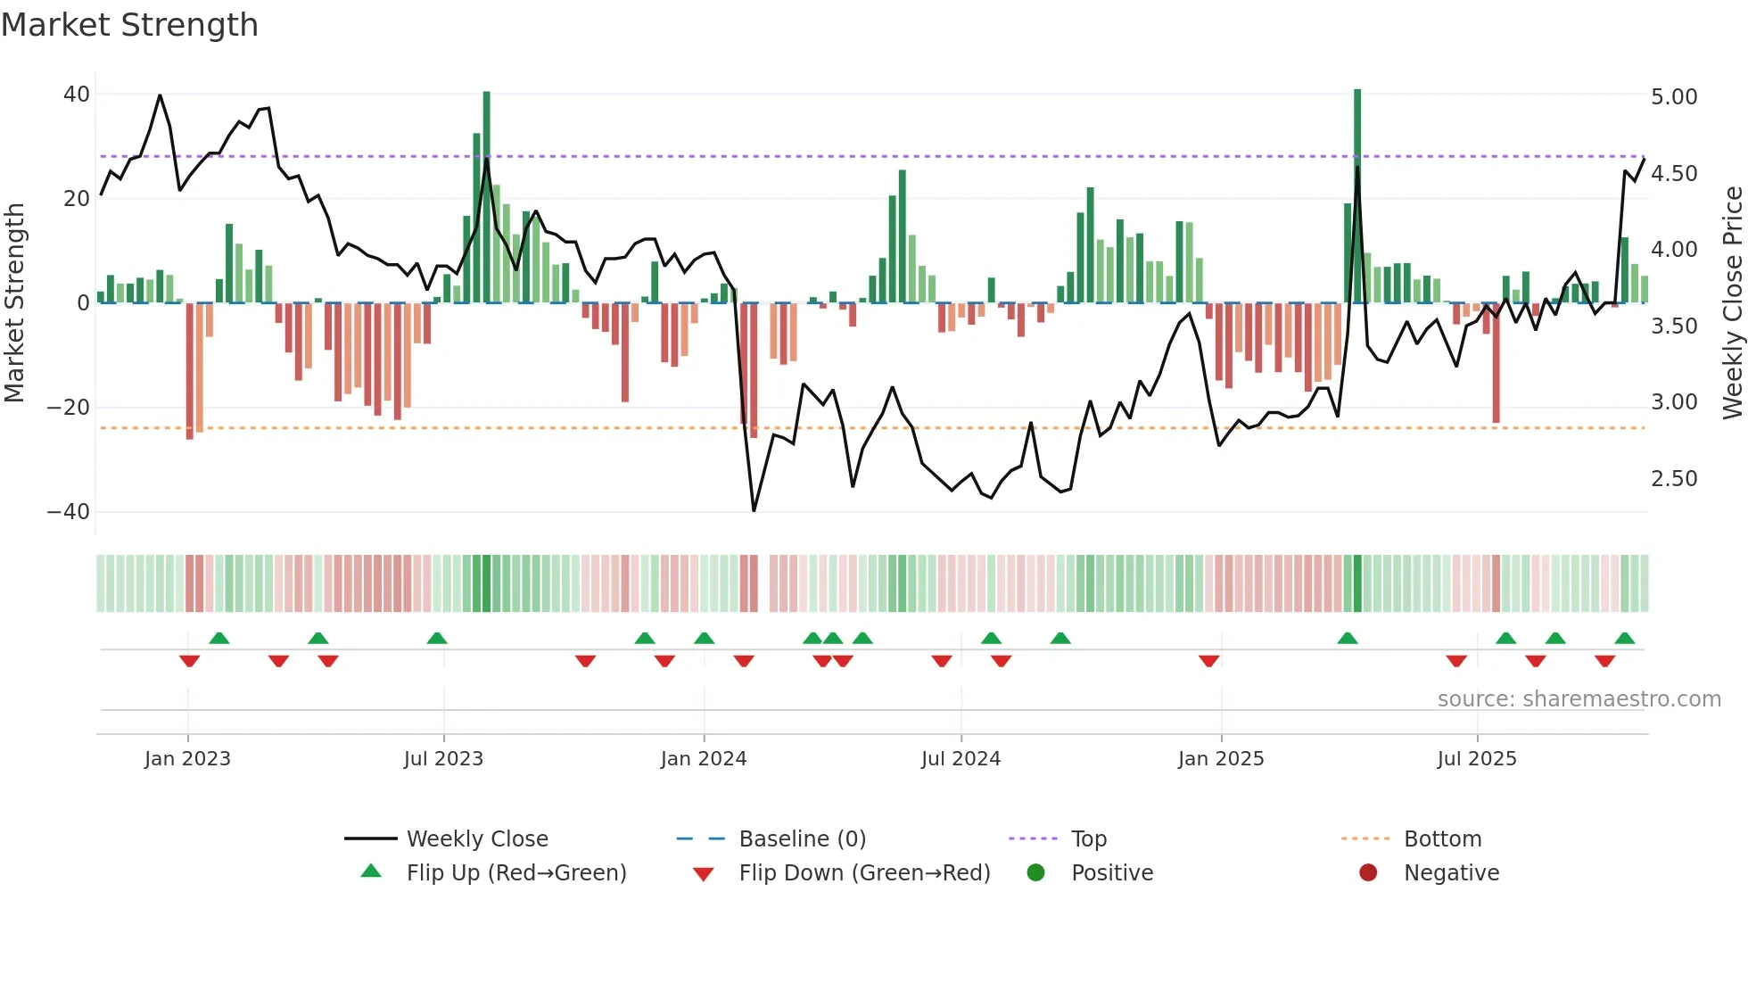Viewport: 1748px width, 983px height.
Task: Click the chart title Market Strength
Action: point(129,25)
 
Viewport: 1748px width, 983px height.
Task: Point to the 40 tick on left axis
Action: point(77,95)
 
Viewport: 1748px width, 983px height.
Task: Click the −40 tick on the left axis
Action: point(69,512)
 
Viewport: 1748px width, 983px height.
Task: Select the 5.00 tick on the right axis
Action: point(1674,97)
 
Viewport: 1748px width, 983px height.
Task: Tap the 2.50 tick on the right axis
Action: point(1674,479)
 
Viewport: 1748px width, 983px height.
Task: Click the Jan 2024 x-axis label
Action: point(703,759)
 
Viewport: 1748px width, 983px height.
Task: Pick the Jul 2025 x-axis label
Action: point(1476,759)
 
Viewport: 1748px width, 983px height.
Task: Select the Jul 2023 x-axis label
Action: point(443,759)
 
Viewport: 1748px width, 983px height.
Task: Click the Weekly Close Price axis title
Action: point(1732,303)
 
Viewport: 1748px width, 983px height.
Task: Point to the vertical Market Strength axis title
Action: point(15,303)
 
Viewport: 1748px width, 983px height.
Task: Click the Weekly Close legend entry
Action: point(477,839)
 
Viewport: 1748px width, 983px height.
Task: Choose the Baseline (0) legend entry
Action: point(802,839)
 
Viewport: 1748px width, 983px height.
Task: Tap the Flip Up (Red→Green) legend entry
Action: point(515,873)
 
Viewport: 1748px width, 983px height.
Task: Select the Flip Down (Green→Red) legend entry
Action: point(863,873)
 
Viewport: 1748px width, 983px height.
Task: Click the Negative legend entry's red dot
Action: point(1368,872)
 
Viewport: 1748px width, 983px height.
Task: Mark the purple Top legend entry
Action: point(1088,839)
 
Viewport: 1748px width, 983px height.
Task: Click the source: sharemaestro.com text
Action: point(1579,699)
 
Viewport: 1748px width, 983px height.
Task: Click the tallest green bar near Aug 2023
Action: point(486,196)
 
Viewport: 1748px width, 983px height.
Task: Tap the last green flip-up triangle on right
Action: point(1624,639)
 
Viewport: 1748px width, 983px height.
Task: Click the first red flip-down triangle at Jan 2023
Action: point(189,661)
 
